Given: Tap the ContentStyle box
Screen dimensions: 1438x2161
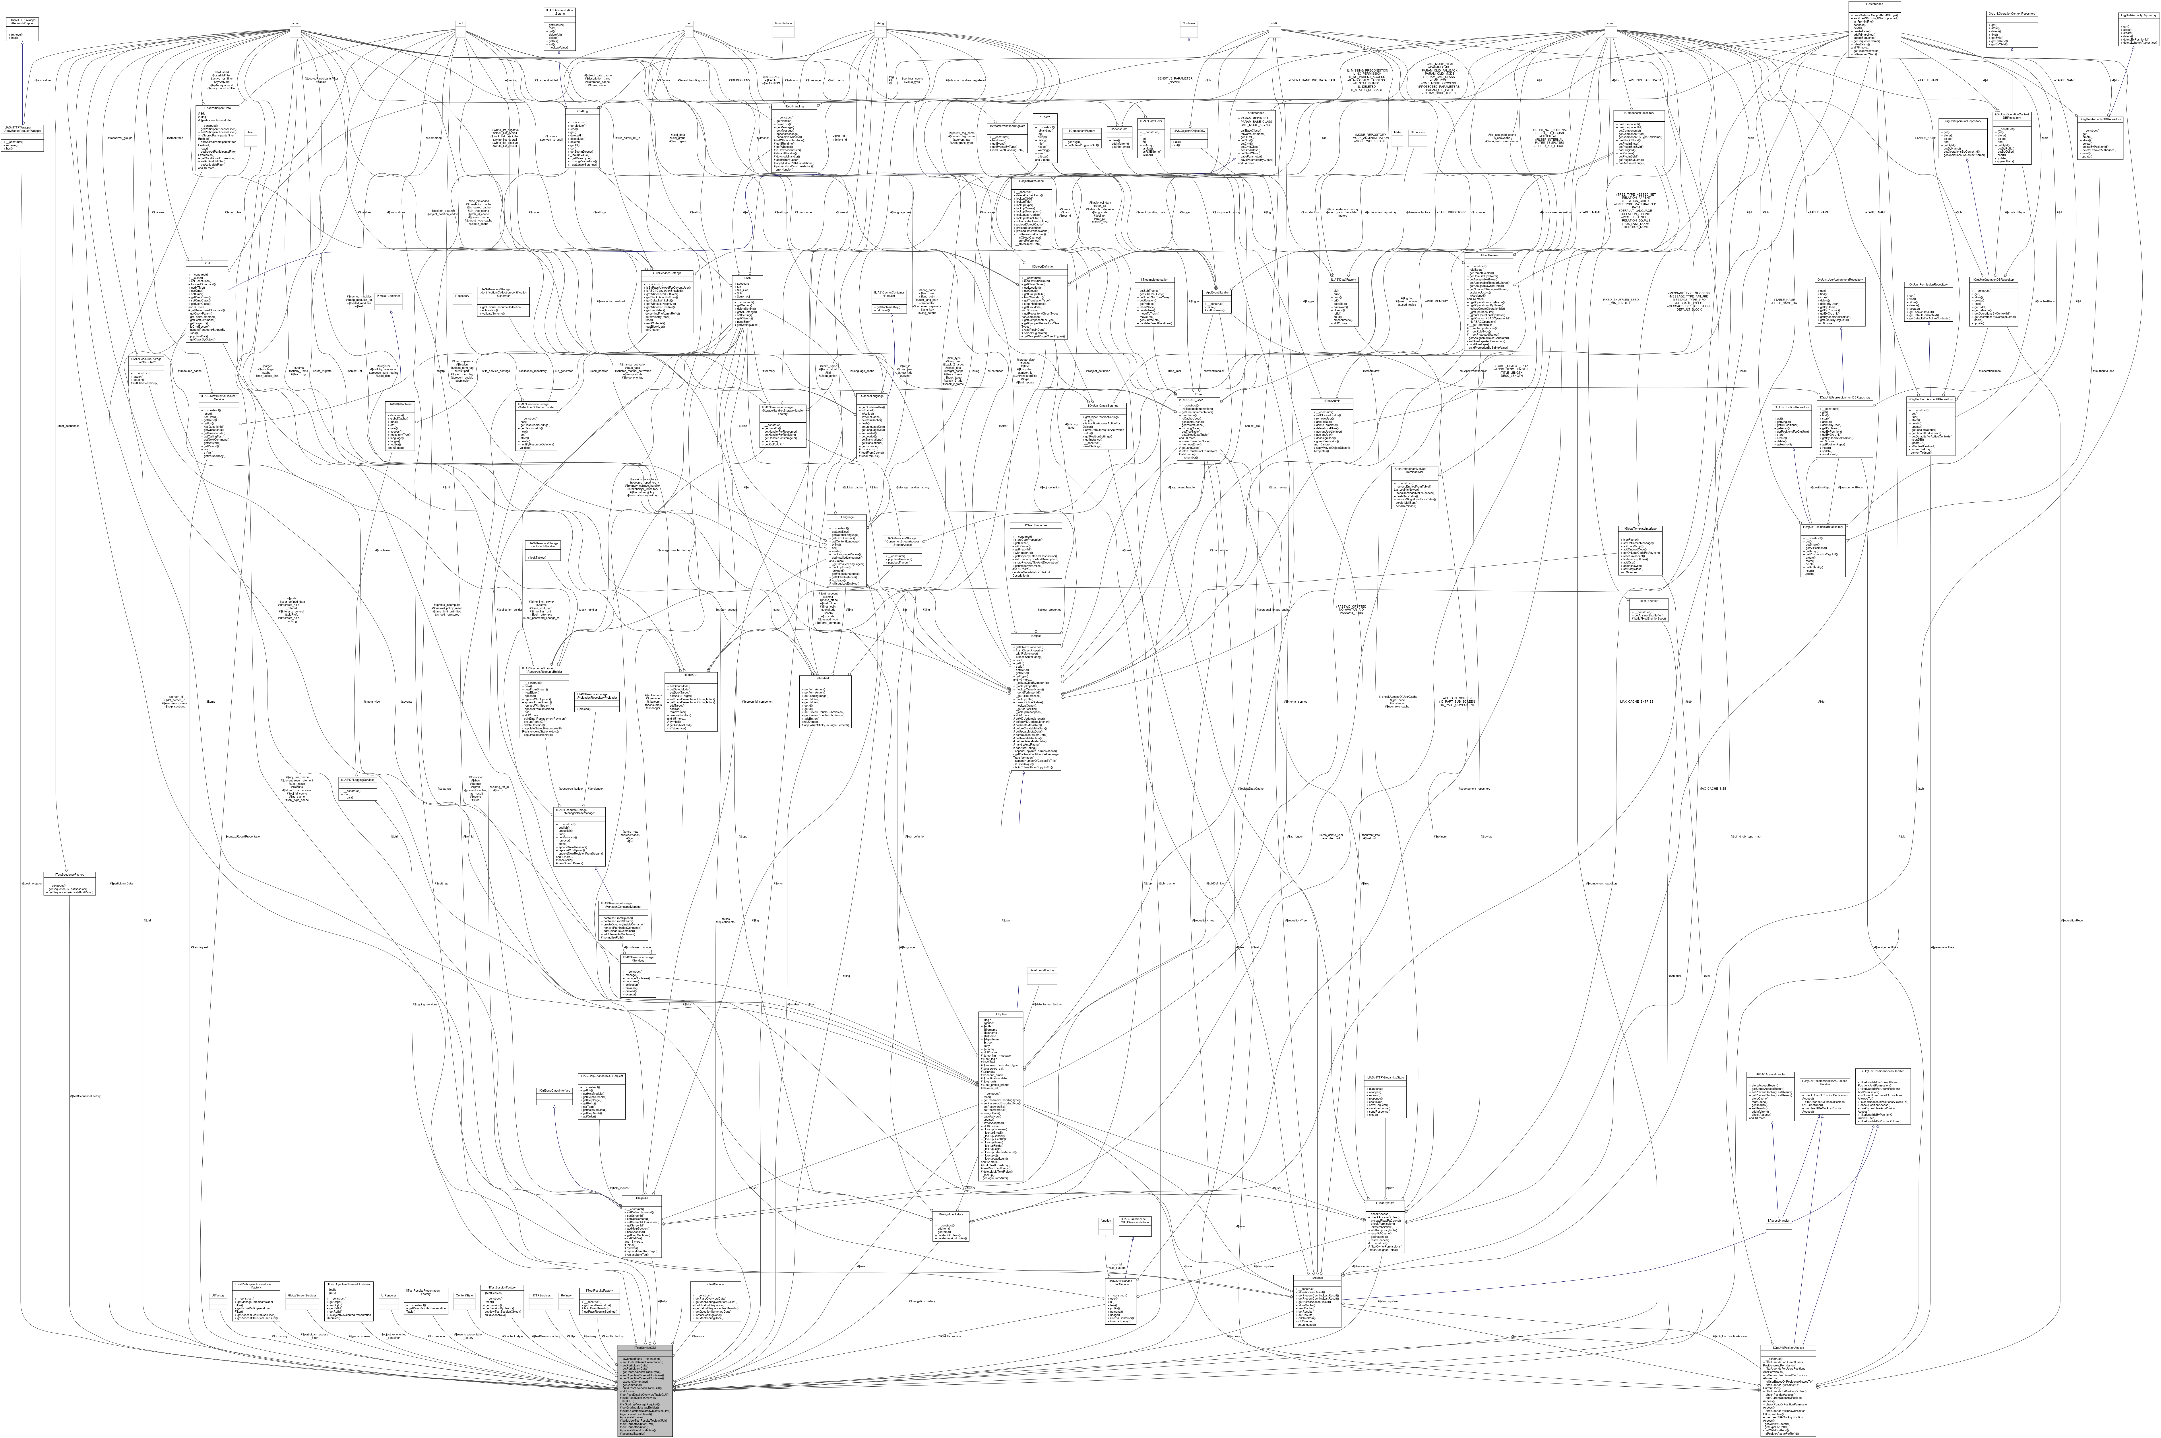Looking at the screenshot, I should (464, 1296).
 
